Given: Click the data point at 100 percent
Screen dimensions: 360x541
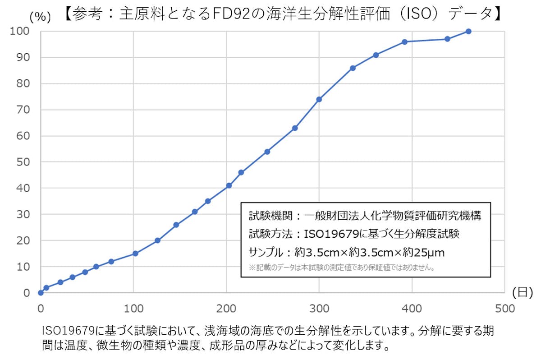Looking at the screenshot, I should click(468, 31).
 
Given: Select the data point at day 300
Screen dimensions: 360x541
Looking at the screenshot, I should click(319, 99).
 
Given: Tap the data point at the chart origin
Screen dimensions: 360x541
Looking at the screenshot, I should click(41, 293).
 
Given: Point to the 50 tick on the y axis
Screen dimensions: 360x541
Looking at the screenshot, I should click(23, 162).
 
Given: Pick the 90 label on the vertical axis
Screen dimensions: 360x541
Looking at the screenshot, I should click(23, 57).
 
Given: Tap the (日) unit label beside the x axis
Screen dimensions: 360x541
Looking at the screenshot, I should click(523, 292).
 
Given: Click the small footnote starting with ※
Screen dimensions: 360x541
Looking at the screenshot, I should click(342, 268).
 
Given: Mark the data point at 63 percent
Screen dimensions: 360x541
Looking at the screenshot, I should click(295, 128).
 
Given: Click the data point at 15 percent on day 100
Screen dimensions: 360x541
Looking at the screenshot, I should click(135, 254).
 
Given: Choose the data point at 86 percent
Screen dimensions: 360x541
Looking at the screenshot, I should click(353, 68).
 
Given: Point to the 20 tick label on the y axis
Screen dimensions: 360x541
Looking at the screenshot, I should click(23, 240).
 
